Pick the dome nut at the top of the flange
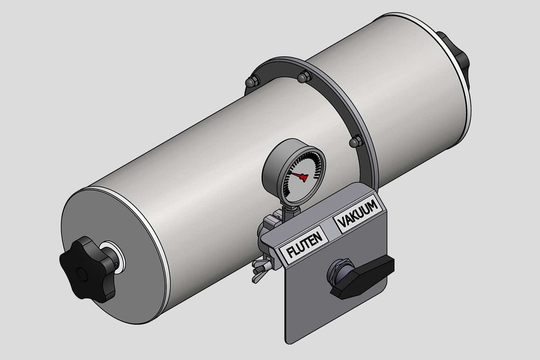304,77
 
